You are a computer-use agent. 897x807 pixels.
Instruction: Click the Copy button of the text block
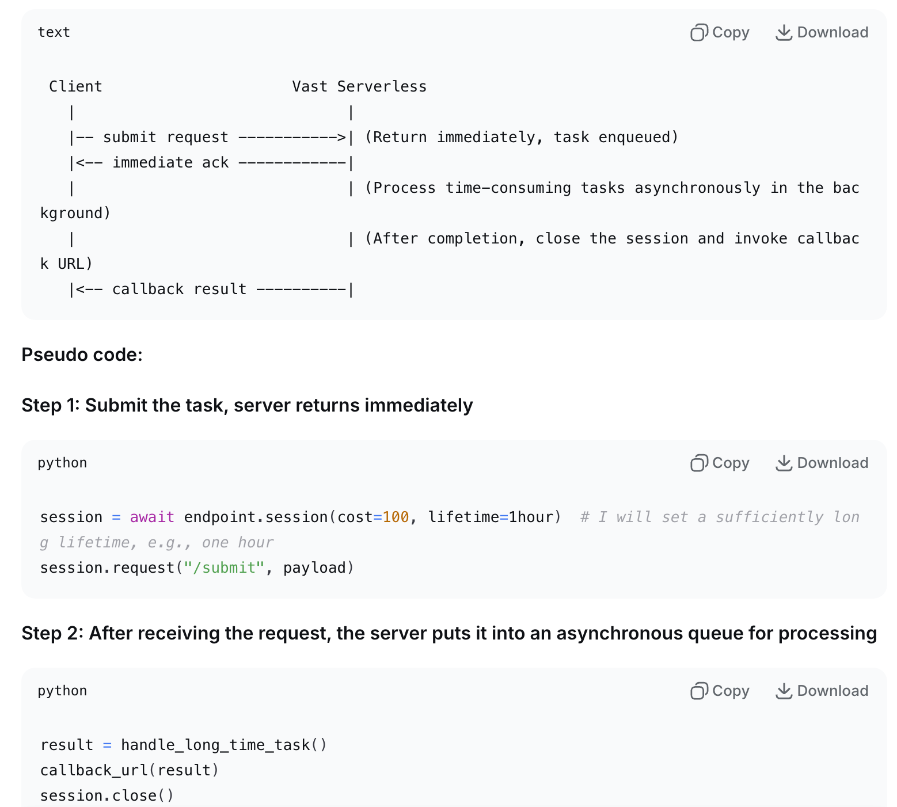coord(720,32)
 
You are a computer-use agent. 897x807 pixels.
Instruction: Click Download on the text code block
coord(822,32)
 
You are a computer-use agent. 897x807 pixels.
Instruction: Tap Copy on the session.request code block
coord(720,463)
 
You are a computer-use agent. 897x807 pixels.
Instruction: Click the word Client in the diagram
coord(75,86)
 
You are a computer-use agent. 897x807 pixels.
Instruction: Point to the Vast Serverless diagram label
coord(359,86)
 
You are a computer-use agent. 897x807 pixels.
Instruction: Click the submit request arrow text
coord(165,137)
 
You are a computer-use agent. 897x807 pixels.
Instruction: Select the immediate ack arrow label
coord(170,162)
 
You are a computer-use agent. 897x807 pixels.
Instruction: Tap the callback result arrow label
coord(179,289)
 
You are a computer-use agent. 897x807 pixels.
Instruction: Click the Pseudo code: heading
coord(82,355)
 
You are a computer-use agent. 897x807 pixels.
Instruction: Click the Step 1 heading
coord(247,405)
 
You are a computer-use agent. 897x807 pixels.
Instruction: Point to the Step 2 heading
coord(449,633)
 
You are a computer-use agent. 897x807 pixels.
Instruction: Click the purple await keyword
coord(152,517)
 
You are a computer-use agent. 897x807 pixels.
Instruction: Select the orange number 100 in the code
coord(396,517)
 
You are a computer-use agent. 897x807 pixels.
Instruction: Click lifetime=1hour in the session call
coord(493,517)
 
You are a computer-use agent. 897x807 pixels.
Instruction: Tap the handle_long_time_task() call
coord(223,745)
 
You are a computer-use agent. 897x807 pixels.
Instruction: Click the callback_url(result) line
coord(130,770)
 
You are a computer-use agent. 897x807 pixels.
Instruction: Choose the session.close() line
coord(107,795)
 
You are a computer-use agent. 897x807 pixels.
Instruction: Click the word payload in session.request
coord(314,568)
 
